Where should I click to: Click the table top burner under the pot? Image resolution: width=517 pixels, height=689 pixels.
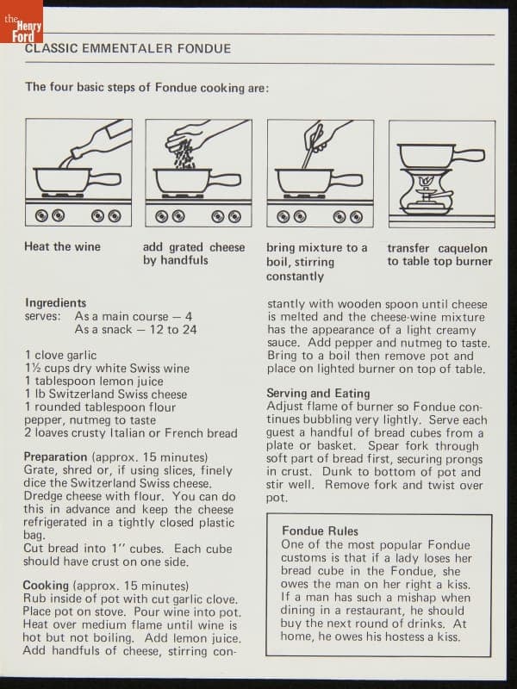click(x=426, y=192)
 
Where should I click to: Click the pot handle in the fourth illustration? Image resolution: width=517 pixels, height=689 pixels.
click(x=470, y=156)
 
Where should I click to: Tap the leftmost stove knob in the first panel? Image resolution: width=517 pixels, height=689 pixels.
click(x=41, y=216)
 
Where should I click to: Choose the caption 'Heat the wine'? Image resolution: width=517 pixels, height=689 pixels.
click(x=62, y=246)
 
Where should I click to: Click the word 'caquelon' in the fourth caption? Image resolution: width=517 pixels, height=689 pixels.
click(x=463, y=248)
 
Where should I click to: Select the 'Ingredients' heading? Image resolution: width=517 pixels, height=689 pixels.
click(x=56, y=303)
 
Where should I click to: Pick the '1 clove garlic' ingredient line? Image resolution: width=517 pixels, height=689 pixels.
click(x=60, y=355)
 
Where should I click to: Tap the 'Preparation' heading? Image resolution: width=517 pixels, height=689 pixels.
click(x=55, y=457)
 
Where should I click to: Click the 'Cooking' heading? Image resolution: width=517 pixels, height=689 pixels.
click(x=46, y=586)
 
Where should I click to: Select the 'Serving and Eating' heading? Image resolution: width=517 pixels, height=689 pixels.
click(x=318, y=393)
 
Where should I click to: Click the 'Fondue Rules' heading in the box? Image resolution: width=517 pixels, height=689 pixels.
click(x=320, y=531)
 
